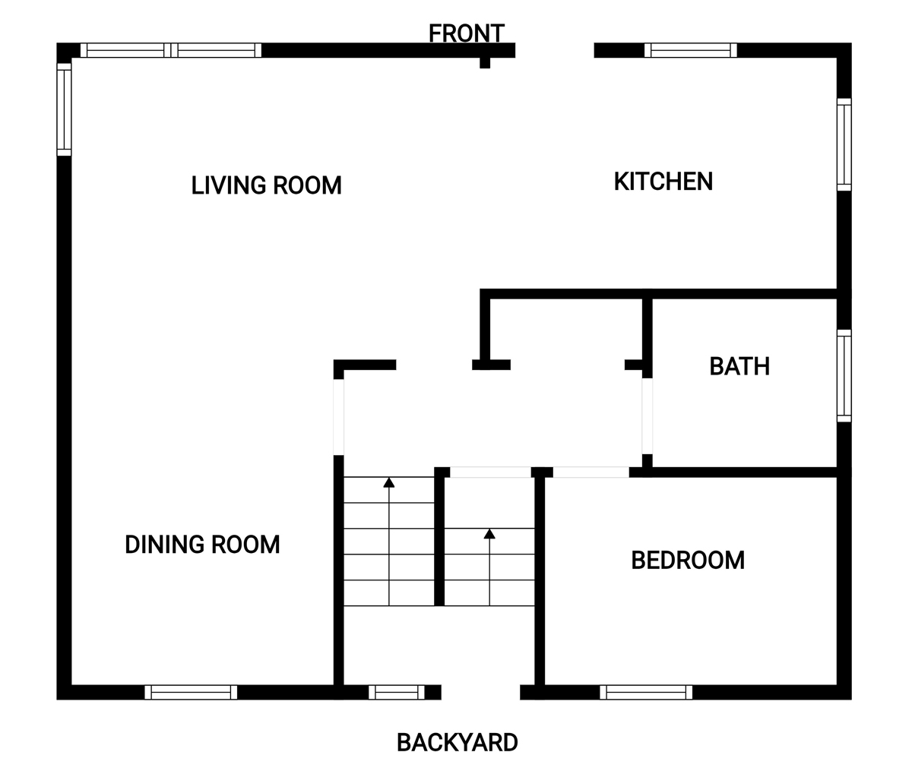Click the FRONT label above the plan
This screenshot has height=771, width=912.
click(x=467, y=33)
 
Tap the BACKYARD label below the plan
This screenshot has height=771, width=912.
click(x=457, y=742)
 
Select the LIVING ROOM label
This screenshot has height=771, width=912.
click(x=267, y=185)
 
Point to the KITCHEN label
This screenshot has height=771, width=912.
click(x=663, y=182)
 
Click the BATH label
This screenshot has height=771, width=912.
click(x=739, y=366)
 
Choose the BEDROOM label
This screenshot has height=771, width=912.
click(x=688, y=560)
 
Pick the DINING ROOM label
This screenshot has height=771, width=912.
click(x=202, y=545)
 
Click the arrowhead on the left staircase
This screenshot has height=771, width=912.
click(x=388, y=482)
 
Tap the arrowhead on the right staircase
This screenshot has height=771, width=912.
click(x=489, y=534)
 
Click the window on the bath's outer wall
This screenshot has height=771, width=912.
click(x=844, y=375)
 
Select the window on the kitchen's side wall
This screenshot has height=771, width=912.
click(x=844, y=144)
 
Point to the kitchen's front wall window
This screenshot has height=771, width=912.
click(x=691, y=50)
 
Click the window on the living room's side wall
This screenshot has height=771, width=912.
click(x=64, y=109)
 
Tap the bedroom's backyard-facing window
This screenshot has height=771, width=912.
click(x=646, y=692)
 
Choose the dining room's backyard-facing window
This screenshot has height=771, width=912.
click(x=191, y=692)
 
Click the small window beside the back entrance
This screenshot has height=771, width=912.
click(x=397, y=692)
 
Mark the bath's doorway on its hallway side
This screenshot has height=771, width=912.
click(x=648, y=416)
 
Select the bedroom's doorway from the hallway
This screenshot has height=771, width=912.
click(x=591, y=472)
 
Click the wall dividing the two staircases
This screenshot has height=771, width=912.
click(x=439, y=536)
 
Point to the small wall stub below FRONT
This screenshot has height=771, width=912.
click(x=485, y=62)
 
